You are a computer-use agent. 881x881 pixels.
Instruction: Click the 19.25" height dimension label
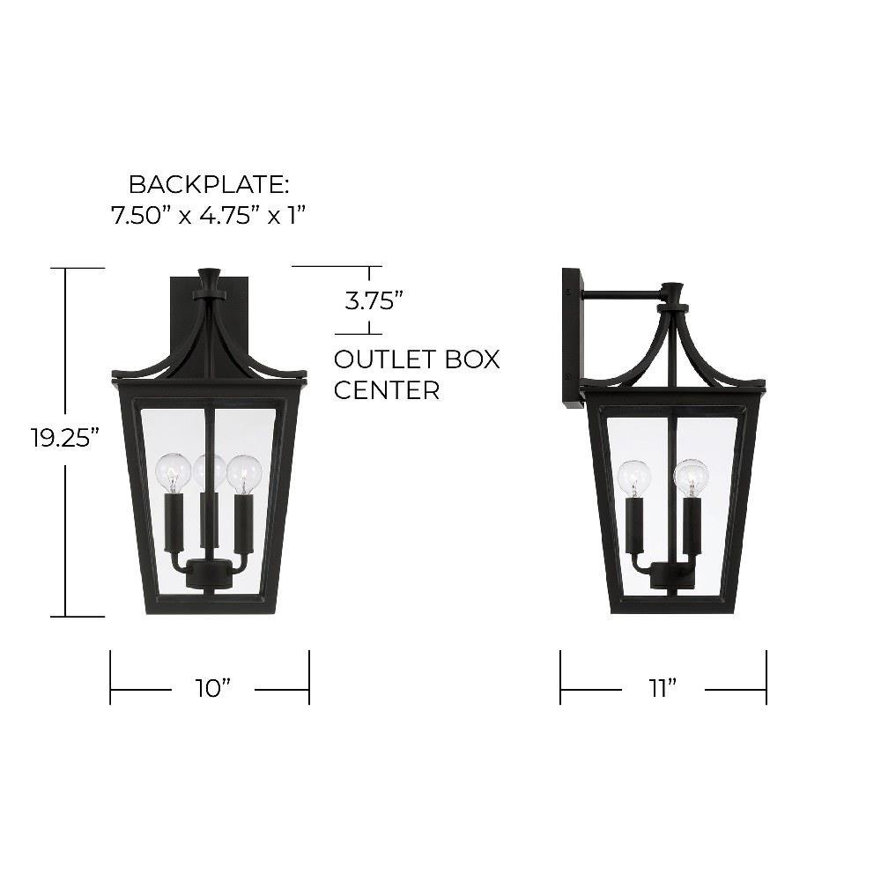click(x=69, y=438)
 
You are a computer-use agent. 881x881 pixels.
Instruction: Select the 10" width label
click(x=213, y=688)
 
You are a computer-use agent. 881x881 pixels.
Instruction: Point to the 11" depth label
click(x=663, y=688)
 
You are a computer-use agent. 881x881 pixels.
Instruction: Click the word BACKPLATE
click(x=209, y=185)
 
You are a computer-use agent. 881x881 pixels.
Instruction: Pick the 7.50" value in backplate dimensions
click(x=137, y=215)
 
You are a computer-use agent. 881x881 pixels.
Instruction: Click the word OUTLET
click(x=385, y=359)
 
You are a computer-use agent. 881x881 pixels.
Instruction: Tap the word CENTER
click(x=387, y=390)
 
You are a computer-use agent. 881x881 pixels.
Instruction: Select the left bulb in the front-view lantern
click(x=173, y=470)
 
